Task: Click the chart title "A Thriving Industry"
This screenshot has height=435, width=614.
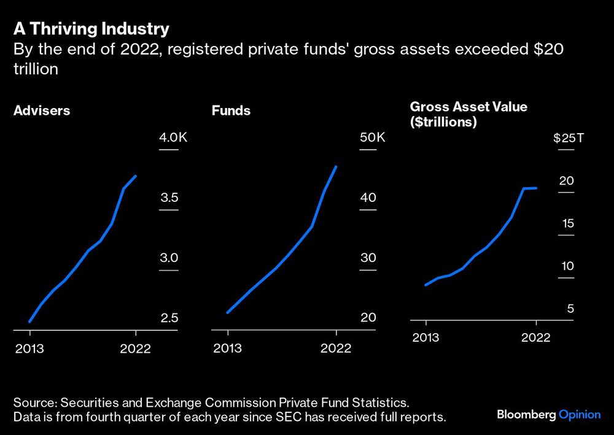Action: tap(91, 29)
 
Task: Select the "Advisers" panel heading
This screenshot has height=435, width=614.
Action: tap(42, 111)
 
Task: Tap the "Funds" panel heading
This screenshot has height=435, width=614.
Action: tap(231, 111)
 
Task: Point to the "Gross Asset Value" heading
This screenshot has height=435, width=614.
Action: tap(468, 107)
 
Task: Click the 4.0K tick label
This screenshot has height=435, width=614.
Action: tap(173, 137)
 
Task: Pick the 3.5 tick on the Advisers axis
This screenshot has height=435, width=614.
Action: tap(169, 198)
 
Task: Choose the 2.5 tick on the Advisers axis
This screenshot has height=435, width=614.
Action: tap(169, 318)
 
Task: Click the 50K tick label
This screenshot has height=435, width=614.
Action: tap(372, 137)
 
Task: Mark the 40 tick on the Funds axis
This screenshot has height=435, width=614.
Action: tap(368, 198)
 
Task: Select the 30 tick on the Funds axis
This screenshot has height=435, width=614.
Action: tap(368, 258)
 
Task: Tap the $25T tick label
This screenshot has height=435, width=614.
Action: tap(569, 137)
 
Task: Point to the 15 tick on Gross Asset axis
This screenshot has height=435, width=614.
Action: tap(568, 223)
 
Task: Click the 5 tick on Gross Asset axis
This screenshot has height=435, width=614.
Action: tap(570, 309)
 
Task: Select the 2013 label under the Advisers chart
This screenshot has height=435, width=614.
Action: tap(30, 348)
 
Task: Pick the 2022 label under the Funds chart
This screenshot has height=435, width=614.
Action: tap(336, 348)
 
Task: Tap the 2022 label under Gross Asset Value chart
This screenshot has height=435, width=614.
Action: tap(536, 337)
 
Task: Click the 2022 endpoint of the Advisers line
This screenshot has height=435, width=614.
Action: tap(136, 176)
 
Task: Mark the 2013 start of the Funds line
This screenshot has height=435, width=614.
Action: tap(228, 313)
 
